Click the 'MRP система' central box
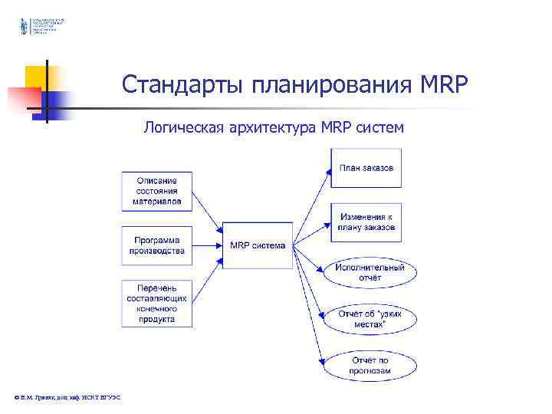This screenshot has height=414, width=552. [x=258, y=245]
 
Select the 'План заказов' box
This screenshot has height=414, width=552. [x=366, y=168]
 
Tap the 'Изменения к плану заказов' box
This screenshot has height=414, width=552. [x=366, y=222]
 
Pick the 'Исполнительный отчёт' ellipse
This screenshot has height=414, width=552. [x=370, y=272]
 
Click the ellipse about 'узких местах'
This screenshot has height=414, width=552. [x=370, y=319]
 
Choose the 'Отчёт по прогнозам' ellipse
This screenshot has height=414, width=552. [x=370, y=364]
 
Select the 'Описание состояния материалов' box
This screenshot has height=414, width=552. [x=156, y=191]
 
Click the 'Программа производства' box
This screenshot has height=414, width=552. [x=156, y=245]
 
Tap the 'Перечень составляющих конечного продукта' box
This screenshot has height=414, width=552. [x=156, y=304]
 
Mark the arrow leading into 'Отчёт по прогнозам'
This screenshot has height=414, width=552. [x=310, y=322]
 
